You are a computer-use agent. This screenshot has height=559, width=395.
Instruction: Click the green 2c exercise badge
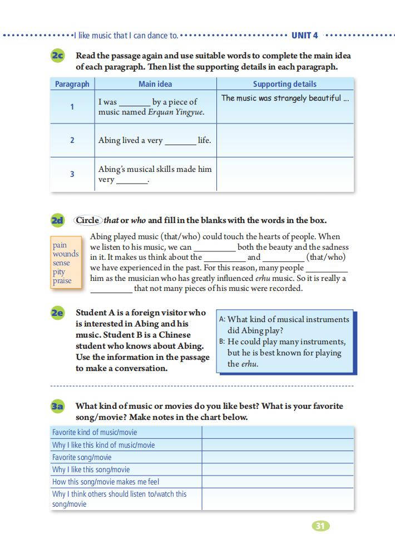click(57, 56)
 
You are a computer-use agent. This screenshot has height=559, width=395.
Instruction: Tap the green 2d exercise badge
click(57, 220)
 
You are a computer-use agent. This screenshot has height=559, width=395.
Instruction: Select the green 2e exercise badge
click(57, 313)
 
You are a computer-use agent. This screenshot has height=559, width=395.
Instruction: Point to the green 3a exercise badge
click(57, 407)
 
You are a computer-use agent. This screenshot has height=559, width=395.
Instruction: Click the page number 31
click(319, 526)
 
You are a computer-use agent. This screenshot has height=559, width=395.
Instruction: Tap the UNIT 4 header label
click(304, 36)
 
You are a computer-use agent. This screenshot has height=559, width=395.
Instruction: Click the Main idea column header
click(155, 84)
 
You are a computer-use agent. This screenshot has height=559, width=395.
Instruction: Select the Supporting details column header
click(284, 84)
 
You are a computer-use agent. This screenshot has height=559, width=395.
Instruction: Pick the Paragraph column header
click(72, 84)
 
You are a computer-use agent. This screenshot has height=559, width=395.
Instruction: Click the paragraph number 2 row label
click(72, 140)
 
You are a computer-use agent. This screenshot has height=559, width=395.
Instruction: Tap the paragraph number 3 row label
click(72, 174)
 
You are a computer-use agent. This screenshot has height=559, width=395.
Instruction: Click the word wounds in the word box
click(66, 254)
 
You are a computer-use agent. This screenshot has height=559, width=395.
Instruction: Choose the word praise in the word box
click(62, 281)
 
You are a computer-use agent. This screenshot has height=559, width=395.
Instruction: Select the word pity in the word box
click(59, 272)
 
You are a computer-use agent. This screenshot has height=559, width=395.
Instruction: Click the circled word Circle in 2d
click(87, 220)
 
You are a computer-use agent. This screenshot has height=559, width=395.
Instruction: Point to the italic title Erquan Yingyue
click(176, 112)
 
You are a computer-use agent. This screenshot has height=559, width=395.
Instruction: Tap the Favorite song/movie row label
click(82, 457)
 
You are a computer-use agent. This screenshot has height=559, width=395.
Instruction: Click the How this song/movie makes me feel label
click(106, 482)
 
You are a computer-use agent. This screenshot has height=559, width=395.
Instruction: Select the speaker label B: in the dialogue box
click(222, 342)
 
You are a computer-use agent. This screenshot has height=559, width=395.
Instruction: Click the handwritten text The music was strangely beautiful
click(285, 98)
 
